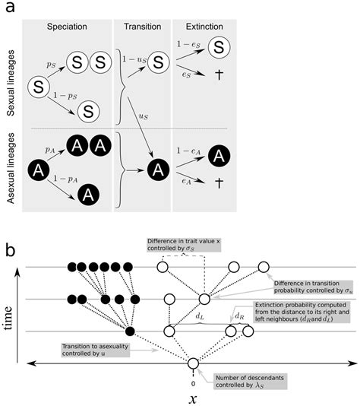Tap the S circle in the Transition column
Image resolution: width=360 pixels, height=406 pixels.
(155, 61)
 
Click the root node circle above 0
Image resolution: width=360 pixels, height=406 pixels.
(193, 363)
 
